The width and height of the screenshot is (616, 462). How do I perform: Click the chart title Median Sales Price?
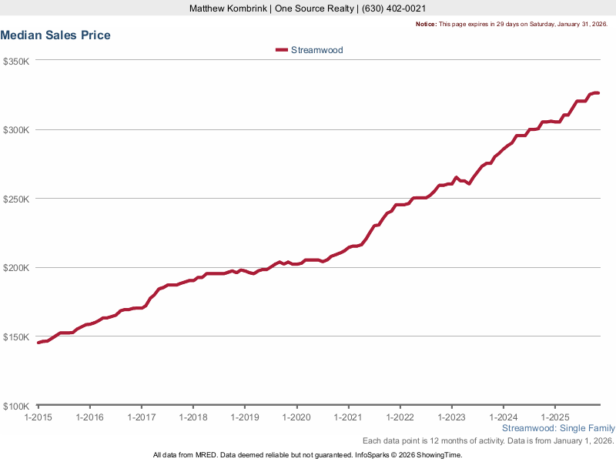(55, 35)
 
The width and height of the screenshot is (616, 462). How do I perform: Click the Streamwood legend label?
(316, 50)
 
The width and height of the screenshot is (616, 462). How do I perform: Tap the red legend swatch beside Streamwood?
(281, 50)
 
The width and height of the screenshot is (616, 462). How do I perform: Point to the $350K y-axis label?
(16, 61)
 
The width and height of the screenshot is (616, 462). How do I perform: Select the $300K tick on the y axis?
(16, 130)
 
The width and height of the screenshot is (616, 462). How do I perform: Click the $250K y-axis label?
(16, 199)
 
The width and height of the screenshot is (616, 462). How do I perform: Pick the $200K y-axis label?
(16, 268)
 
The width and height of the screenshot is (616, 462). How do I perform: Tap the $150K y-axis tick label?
(16, 337)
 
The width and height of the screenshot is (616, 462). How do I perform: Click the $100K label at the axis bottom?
(16, 406)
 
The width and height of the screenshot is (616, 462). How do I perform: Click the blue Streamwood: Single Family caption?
(558, 428)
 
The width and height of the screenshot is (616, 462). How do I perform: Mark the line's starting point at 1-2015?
(38, 343)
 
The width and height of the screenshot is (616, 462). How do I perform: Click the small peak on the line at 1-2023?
(456, 177)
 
